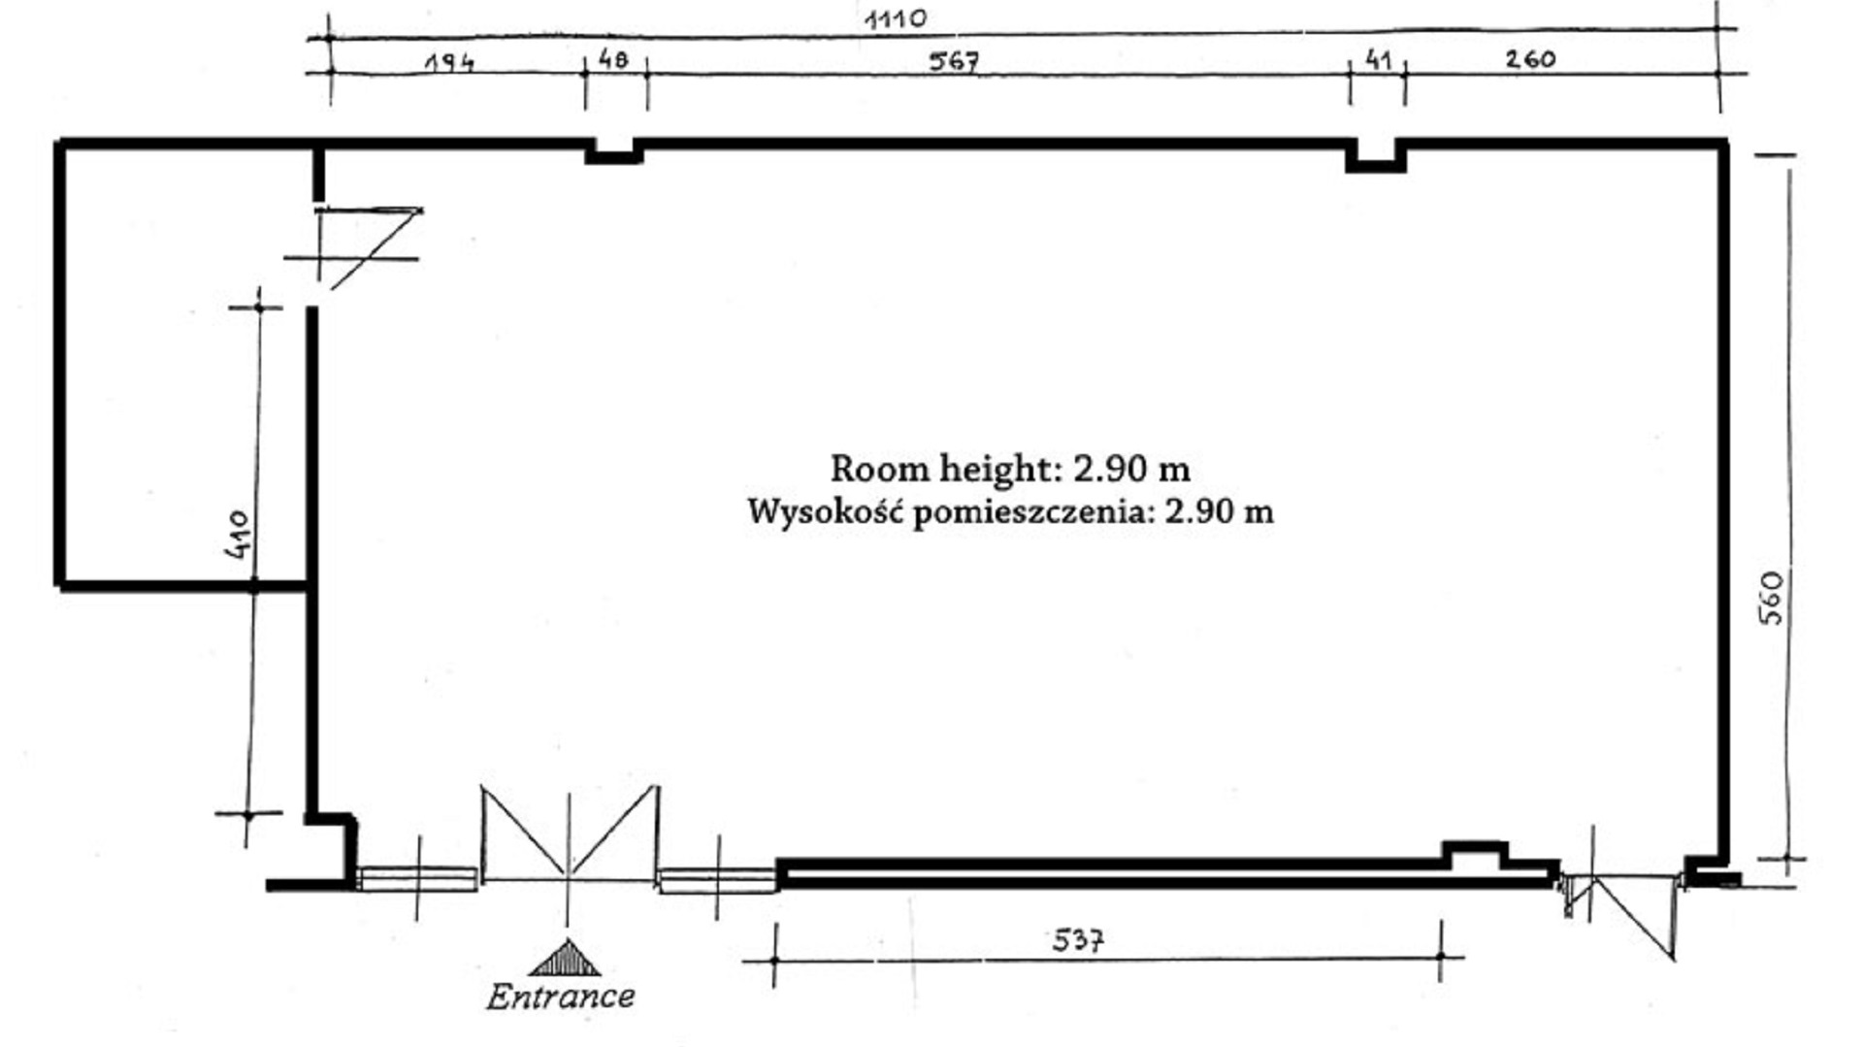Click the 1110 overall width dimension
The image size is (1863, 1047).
tap(896, 18)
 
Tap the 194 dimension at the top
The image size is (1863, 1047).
tap(450, 63)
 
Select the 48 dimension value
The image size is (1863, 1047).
tap(613, 60)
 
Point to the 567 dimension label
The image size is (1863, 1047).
tap(954, 61)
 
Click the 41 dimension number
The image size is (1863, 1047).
tap(1378, 60)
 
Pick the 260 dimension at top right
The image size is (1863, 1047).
tap(1530, 59)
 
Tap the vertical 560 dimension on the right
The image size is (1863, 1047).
tap(1771, 598)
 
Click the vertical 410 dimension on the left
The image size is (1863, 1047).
tap(238, 533)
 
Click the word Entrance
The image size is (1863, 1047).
tap(561, 997)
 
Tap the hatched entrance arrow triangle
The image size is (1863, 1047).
tap(566, 959)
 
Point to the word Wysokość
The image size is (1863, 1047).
tap(825, 511)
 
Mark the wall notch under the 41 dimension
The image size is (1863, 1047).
tap(1376, 155)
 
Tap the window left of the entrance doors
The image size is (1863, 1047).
tap(417, 879)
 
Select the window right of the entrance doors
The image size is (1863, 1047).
tap(717, 880)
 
